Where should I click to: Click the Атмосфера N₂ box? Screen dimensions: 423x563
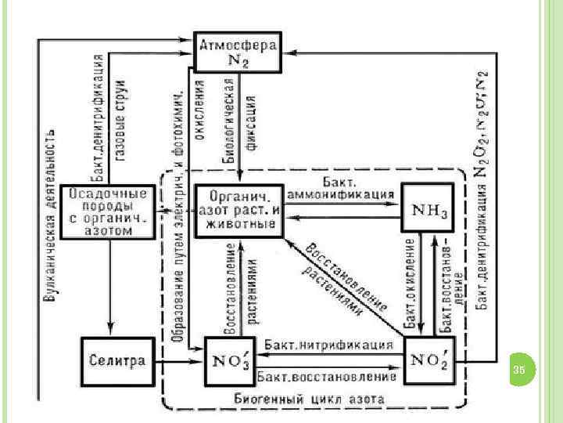pos(238,52)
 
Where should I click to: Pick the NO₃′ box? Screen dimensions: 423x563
pos(229,361)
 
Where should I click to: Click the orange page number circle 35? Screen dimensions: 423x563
pos(520,369)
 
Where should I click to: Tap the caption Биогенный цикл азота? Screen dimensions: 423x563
pos(310,398)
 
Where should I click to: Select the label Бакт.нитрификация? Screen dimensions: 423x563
pos(328,345)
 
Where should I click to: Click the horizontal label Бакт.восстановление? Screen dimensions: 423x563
pos(327,377)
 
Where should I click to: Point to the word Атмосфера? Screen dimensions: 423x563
pos(238,44)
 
